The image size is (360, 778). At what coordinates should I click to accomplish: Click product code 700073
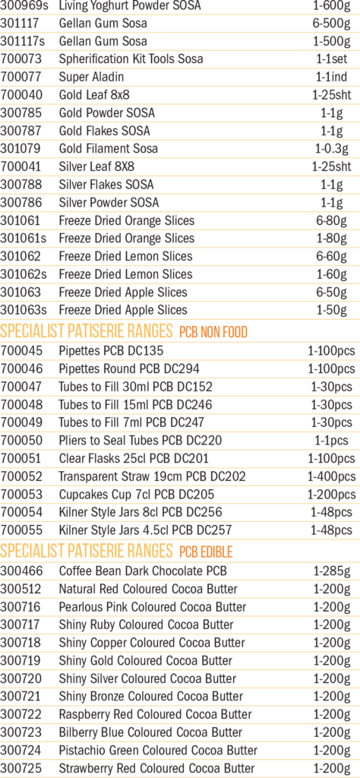[x=21, y=59]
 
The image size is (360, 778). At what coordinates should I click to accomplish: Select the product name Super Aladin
[x=91, y=77]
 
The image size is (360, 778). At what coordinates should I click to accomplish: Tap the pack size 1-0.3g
[x=331, y=148]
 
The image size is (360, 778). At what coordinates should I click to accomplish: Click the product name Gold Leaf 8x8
[x=94, y=95]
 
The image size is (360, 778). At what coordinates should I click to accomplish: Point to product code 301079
[x=21, y=148]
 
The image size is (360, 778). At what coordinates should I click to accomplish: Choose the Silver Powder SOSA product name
[x=109, y=202]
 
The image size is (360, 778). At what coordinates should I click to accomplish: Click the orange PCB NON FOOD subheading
[x=213, y=331]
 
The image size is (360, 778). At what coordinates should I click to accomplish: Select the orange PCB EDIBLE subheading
[x=206, y=552]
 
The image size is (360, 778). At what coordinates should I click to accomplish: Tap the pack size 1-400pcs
[x=331, y=477]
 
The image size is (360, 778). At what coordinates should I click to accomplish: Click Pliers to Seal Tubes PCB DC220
[x=141, y=441]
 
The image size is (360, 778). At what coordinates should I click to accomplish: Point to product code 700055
[x=21, y=530]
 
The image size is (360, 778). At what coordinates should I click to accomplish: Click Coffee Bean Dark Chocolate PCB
[x=143, y=571]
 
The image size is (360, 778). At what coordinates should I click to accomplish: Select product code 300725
[x=21, y=767]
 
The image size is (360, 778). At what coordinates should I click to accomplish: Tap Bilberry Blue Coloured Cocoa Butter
[x=150, y=732]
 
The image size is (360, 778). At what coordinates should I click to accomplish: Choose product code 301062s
[x=24, y=274]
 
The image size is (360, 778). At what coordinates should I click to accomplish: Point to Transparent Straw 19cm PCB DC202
[x=152, y=477]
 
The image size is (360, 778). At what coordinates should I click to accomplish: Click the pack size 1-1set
[x=331, y=59]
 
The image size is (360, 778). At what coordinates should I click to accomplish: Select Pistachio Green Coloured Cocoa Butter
[x=158, y=750]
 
